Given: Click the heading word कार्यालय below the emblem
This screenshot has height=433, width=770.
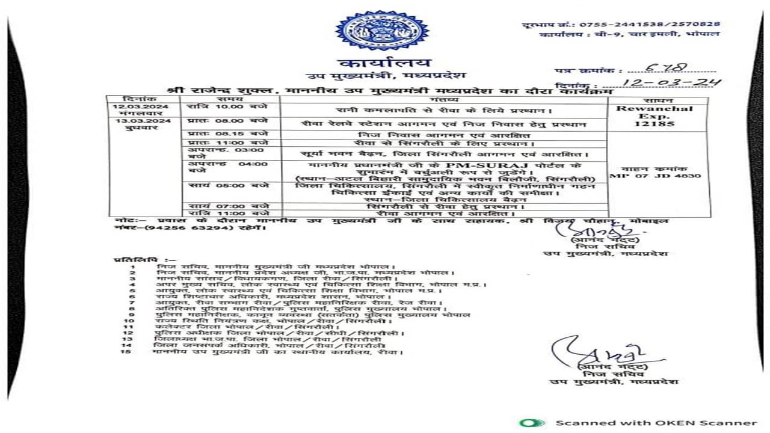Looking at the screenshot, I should tap(385, 63).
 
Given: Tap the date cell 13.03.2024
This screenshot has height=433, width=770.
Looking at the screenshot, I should tap(132, 121).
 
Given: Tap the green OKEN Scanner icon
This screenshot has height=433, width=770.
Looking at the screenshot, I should tap(532, 423).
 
